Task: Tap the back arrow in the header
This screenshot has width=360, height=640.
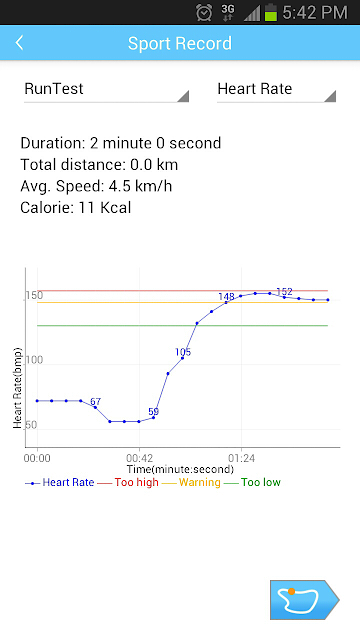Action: pos(19,43)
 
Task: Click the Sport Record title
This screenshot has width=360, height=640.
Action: pos(180,43)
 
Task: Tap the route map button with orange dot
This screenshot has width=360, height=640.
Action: pos(304,600)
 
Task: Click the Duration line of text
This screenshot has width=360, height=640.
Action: pos(121,143)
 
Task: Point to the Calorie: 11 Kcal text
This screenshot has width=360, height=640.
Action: pos(76,208)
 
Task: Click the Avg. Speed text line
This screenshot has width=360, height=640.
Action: pos(96,187)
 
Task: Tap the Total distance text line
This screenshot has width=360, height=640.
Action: pos(99,165)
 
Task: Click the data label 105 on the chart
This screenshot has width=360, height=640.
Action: pos(183,352)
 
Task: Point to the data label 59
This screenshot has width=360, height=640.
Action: pos(153,411)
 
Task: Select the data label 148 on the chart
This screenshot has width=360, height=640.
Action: pos(226,297)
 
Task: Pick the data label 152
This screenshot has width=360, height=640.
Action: pos(284,292)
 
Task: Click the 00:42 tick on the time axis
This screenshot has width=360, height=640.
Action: pos(139,458)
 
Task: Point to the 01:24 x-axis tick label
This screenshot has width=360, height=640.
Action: pos(241,458)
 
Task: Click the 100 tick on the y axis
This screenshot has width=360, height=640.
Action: pos(34,360)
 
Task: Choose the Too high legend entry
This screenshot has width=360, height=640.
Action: pos(128,482)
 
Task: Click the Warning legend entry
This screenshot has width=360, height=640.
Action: pos(191,482)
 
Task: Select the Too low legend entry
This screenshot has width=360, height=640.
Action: pos(252,482)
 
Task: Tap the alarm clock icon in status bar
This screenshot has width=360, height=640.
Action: pos(204,12)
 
